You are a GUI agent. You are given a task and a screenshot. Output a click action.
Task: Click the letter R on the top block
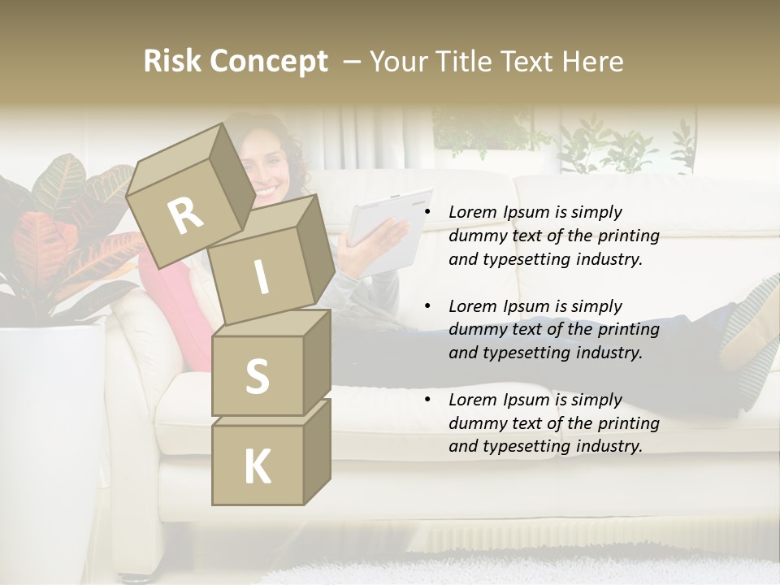186,216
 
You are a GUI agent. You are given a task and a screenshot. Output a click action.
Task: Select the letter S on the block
257,376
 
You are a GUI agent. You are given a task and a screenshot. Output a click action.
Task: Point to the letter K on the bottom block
257,467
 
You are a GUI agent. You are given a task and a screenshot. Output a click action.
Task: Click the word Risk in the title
172,62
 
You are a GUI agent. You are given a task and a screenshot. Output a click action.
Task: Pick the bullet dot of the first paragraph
427,213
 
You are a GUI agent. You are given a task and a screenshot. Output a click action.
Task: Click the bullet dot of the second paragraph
427,307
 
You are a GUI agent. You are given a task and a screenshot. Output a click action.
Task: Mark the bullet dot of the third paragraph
427,401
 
